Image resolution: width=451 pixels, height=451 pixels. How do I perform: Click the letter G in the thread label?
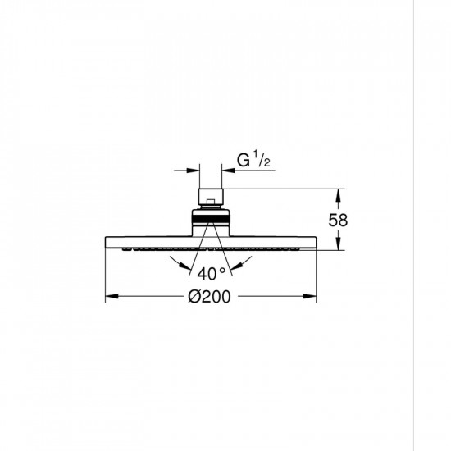click(x=244, y=161)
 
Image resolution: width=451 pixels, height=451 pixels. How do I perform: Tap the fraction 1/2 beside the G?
click(x=262, y=159)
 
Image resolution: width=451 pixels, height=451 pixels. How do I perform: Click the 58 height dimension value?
click(x=338, y=221)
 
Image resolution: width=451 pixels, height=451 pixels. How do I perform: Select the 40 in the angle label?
click(x=207, y=274)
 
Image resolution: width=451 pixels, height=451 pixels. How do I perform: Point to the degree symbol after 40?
click(x=222, y=271)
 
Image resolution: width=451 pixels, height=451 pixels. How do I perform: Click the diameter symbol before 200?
click(x=194, y=296)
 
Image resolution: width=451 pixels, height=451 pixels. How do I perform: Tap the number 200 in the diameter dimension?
click(x=216, y=297)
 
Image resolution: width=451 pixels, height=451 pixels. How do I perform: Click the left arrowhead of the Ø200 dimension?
click(x=112, y=296)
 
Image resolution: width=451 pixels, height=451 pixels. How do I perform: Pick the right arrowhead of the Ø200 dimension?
click(x=310, y=296)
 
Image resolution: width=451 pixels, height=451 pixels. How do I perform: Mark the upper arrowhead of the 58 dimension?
click(x=338, y=196)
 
